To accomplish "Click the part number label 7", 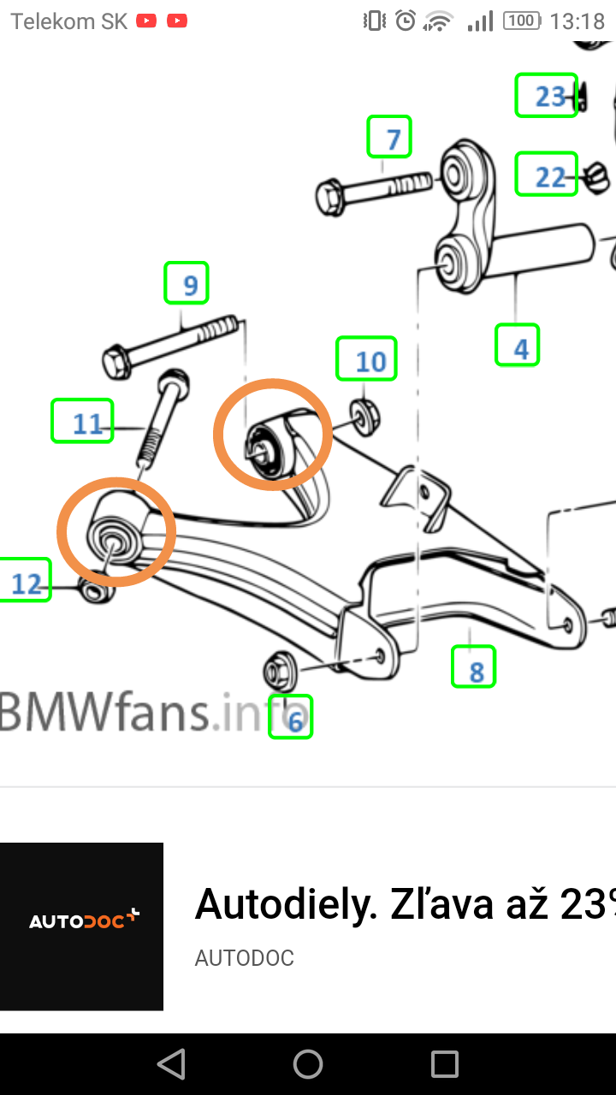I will (x=389, y=137).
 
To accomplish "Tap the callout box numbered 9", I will (x=187, y=283).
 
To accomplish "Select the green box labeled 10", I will (x=366, y=359).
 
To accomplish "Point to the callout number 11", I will (x=82, y=422).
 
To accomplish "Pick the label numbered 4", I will (x=517, y=346).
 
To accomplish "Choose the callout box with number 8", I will (x=474, y=667).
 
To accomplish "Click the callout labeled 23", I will (x=547, y=96).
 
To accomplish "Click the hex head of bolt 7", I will (x=329, y=198).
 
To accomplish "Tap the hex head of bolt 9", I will (x=116, y=362).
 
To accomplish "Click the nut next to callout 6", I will (x=279, y=668).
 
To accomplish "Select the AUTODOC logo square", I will (x=81, y=926).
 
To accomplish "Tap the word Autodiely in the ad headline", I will (x=286, y=903).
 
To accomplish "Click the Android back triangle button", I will (x=171, y=1064).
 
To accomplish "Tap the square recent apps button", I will (x=445, y=1064).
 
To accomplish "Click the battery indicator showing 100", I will (x=522, y=21).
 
